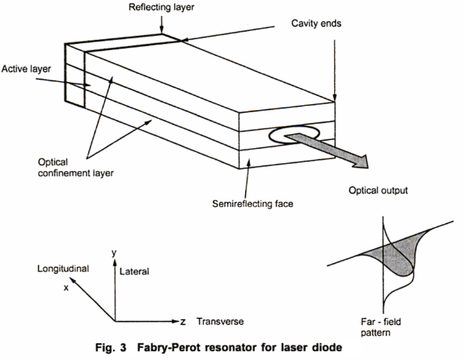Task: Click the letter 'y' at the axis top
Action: pos(115,252)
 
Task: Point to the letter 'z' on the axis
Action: pos(183,321)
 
